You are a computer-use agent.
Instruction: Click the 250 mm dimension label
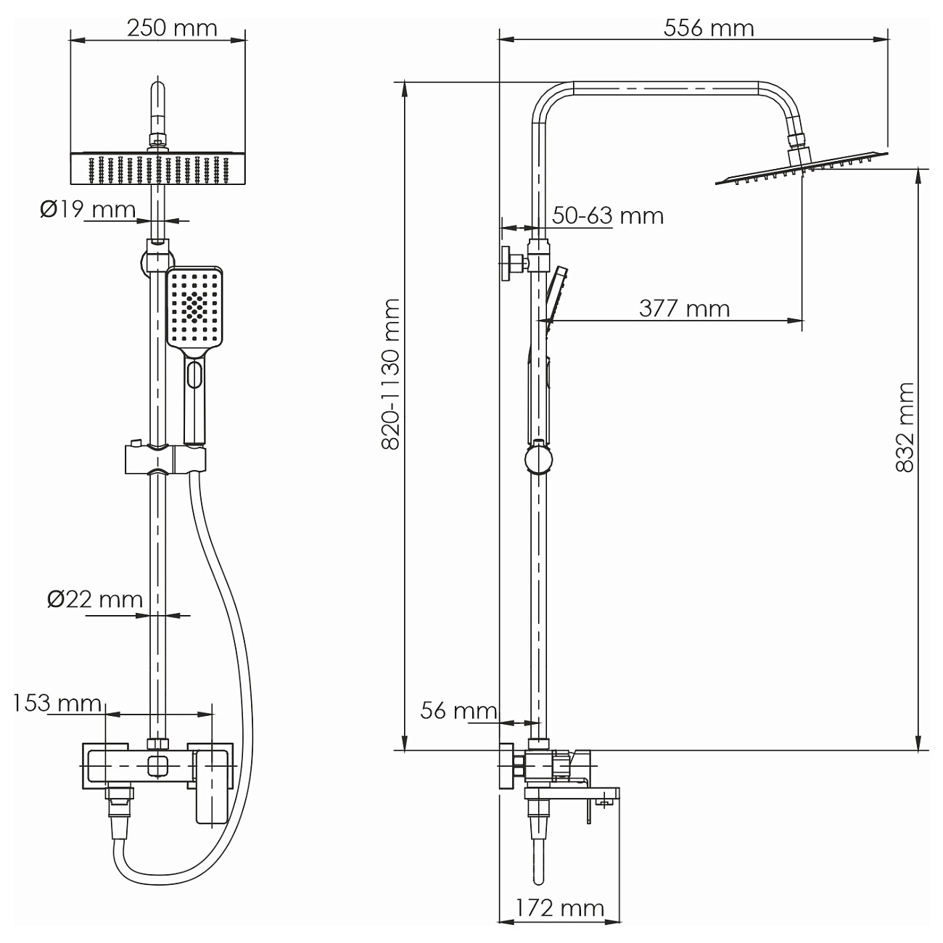[x=172, y=28]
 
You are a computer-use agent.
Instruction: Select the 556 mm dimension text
[x=709, y=28]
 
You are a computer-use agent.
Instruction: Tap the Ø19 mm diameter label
[x=88, y=210]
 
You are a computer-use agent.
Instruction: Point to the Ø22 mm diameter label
[x=95, y=599]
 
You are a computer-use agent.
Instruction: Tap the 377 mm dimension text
[x=684, y=308]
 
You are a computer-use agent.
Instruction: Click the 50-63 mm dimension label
[x=607, y=215]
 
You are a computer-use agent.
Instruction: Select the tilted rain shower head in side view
[x=802, y=168]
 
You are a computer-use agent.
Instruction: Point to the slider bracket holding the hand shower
[x=165, y=459]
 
